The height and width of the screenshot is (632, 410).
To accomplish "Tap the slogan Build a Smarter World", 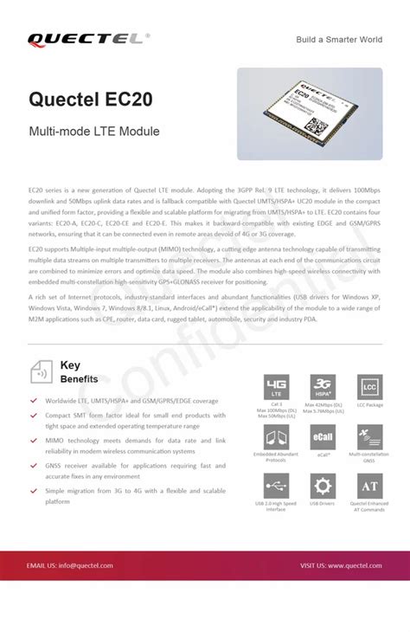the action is (x=339, y=40).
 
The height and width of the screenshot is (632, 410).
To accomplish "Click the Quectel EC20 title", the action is (x=91, y=100).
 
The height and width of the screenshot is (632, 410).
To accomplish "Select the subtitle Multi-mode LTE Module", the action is (x=94, y=132).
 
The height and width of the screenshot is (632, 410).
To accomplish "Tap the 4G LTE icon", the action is (x=277, y=387).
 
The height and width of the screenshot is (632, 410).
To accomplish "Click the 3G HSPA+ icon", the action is (x=324, y=387).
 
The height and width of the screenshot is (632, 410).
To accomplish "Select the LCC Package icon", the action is (x=369, y=387).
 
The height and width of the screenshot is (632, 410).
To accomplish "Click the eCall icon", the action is (x=324, y=436).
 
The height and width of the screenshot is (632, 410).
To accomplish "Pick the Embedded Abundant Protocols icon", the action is (x=277, y=436).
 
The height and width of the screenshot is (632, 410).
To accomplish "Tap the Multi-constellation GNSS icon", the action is (x=369, y=436).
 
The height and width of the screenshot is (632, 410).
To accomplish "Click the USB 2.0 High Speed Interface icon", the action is (x=277, y=486).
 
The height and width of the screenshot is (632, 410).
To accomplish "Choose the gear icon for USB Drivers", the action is (x=324, y=486).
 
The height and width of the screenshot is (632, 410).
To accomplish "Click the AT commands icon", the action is (x=369, y=486).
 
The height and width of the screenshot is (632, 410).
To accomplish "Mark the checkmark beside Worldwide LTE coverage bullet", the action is (x=34, y=401).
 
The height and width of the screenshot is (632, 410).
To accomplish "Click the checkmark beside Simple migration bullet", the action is (x=34, y=490).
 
